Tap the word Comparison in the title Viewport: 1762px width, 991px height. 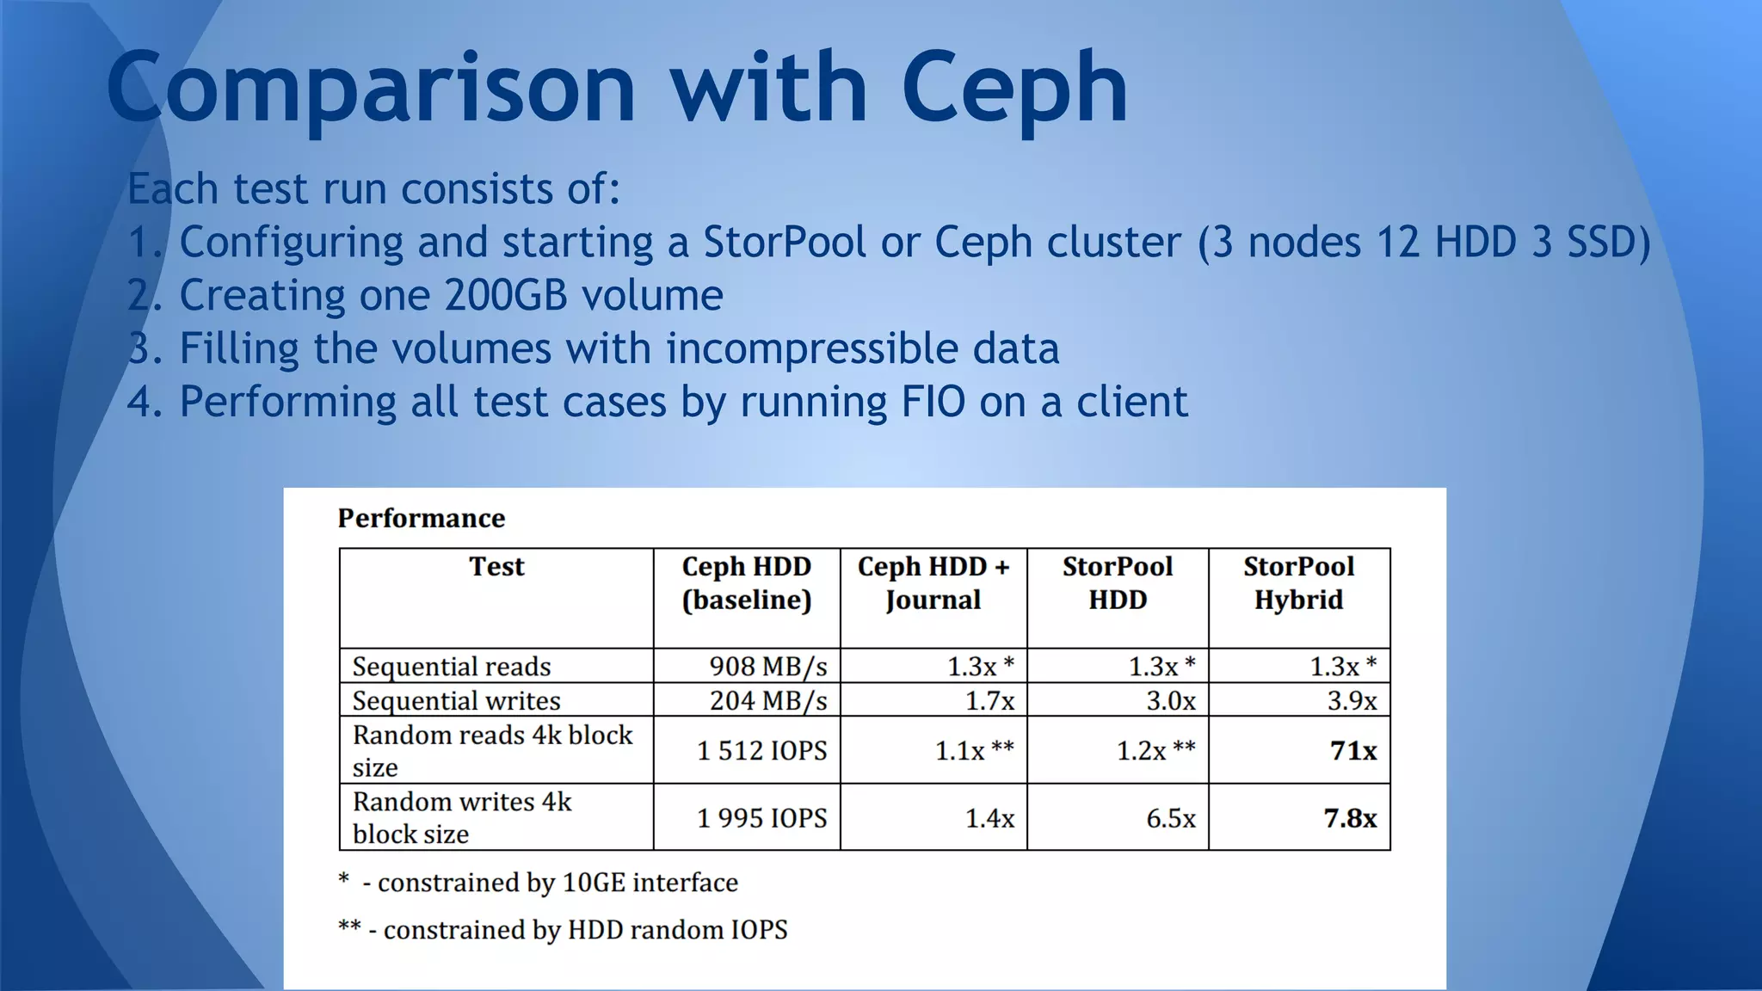[x=371, y=88]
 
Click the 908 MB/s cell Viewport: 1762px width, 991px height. [x=767, y=666]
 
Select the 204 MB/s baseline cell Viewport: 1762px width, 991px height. [x=767, y=700]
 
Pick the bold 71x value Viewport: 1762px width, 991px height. [x=1352, y=750]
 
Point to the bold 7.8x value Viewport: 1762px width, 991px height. [x=1349, y=817]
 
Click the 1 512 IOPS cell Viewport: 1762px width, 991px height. [x=761, y=750]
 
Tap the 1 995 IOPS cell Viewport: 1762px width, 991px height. [x=761, y=817]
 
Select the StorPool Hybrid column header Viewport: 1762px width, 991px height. [x=1298, y=582]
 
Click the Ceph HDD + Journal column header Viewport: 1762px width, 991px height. [x=933, y=582]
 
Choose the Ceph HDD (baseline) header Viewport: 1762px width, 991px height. [x=746, y=582]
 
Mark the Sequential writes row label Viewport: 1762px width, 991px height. [x=456, y=700]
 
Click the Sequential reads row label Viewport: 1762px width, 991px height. [x=452, y=666]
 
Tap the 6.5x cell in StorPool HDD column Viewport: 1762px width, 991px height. [x=1170, y=817]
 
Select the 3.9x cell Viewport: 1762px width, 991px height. [x=1351, y=700]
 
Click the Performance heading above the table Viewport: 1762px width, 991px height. [x=421, y=518]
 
